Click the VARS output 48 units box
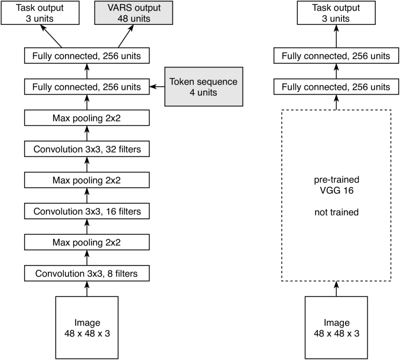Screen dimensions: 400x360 pyautogui.click(x=134, y=13)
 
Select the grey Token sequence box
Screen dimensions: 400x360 pyautogui.click(x=204, y=87)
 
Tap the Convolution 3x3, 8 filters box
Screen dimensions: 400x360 pyautogui.click(x=87, y=273)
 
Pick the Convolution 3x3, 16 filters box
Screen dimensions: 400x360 pyautogui.click(x=87, y=211)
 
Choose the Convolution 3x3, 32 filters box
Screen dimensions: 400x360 pyautogui.click(x=87, y=149)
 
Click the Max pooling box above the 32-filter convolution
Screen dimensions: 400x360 pyautogui.click(x=87, y=117)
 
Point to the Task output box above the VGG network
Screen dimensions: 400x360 pyautogui.click(x=336, y=13)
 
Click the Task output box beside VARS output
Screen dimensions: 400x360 pyautogui.click(x=40, y=13)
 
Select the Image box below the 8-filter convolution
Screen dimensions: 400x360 pyautogui.click(x=87, y=328)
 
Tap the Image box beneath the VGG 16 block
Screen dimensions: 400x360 pyautogui.click(x=336, y=328)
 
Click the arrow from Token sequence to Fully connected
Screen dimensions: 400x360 pyautogui.click(x=157, y=87)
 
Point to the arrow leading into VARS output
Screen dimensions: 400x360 pyautogui.click(x=126, y=36)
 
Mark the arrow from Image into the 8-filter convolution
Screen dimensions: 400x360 pyautogui.click(x=87, y=289)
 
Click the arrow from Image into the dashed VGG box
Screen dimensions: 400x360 pyautogui.click(x=336, y=289)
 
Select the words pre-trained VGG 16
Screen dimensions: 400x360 pyautogui.click(x=336, y=185)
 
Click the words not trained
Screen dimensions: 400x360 pyautogui.click(x=336, y=212)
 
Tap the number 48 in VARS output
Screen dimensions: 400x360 pyautogui.click(x=122, y=19)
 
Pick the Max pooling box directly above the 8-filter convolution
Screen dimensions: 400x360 pyautogui.click(x=87, y=243)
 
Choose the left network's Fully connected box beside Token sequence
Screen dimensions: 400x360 pyautogui.click(x=87, y=87)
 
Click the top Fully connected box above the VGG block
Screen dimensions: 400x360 pyautogui.click(x=336, y=55)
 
